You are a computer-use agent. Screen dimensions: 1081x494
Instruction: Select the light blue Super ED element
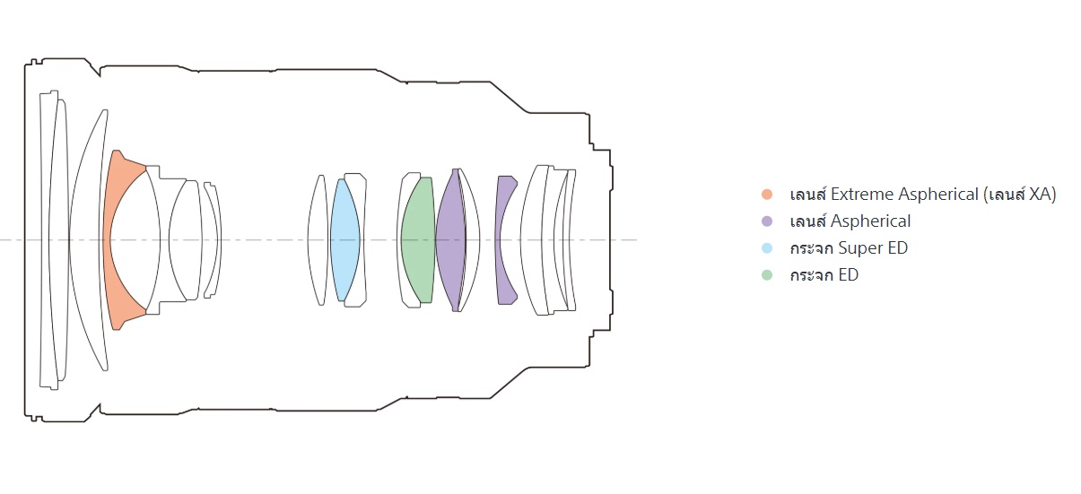pos(344,239)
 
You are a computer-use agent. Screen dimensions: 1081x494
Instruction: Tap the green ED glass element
pos(418,239)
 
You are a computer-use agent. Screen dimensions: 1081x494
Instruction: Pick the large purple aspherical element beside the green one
pos(450,239)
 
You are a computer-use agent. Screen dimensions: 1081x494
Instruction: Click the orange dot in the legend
pos(767,195)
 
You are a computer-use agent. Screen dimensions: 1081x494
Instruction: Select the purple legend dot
pos(767,221)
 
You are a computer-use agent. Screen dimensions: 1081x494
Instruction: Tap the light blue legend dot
pos(767,248)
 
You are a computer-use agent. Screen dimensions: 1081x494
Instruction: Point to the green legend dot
pos(767,275)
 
